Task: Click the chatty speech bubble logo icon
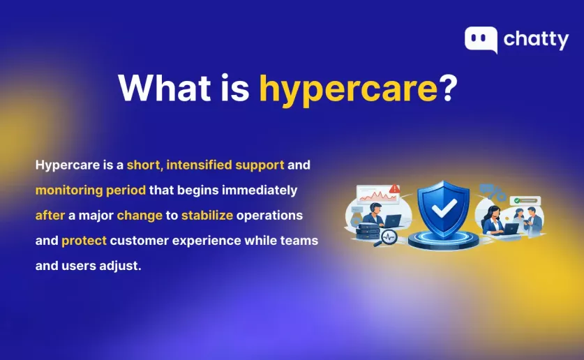click(x=481, y=40)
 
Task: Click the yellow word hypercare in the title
click(x=348, y=90)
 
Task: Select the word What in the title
click(x=165, y=87)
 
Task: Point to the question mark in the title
click(x=449, y=87)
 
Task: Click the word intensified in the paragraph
click(x=199, y=165)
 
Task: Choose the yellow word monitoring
click(x=69, y=190)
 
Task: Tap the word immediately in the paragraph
click(x=260, y=190)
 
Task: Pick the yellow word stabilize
click(x=207, y=216)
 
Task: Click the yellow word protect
click(x=84, y=241)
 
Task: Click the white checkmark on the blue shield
click(x=444, y=208)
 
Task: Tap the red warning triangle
click(x=394, y=189)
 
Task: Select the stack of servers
click(x=368, y=232)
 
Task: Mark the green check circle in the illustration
click(x=516, y=201)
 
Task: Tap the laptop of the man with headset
click(x=392, y=220)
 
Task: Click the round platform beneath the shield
click(x=443, y=240)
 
